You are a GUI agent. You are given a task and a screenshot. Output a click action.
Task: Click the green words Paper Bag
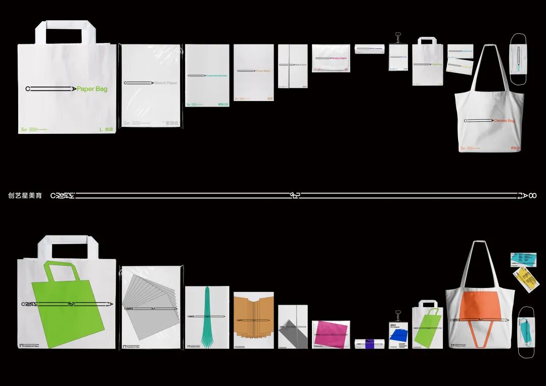[x=92, y=89]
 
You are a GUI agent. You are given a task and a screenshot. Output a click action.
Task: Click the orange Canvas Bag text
[x=504, y=121]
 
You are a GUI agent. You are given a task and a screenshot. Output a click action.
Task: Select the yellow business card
[x=526, y=279]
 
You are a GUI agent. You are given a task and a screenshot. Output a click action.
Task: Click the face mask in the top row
[x=518, y=59]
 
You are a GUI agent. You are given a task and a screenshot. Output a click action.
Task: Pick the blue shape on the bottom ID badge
[x=398, y=334]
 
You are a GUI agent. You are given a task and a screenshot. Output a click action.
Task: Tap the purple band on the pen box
[x=370, y=344]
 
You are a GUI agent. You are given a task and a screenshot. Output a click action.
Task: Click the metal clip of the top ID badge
[x=398, y=38]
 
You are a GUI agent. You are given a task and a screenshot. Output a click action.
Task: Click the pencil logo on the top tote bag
[x=478, y=121]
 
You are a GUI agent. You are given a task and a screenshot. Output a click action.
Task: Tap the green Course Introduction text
[x=216, y=76]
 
